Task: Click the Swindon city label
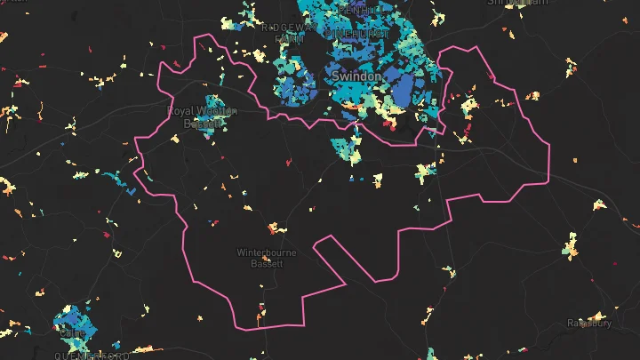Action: pos(356,77)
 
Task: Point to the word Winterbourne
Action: pos(266,252)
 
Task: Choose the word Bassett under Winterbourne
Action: pos(266,264)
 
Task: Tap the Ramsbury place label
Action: pos(590,324)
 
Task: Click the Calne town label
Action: pos(71,333)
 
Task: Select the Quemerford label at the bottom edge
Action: pos(92,356)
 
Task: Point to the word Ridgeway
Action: pos(285,28)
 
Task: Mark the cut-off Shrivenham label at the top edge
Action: pos(516,3)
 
